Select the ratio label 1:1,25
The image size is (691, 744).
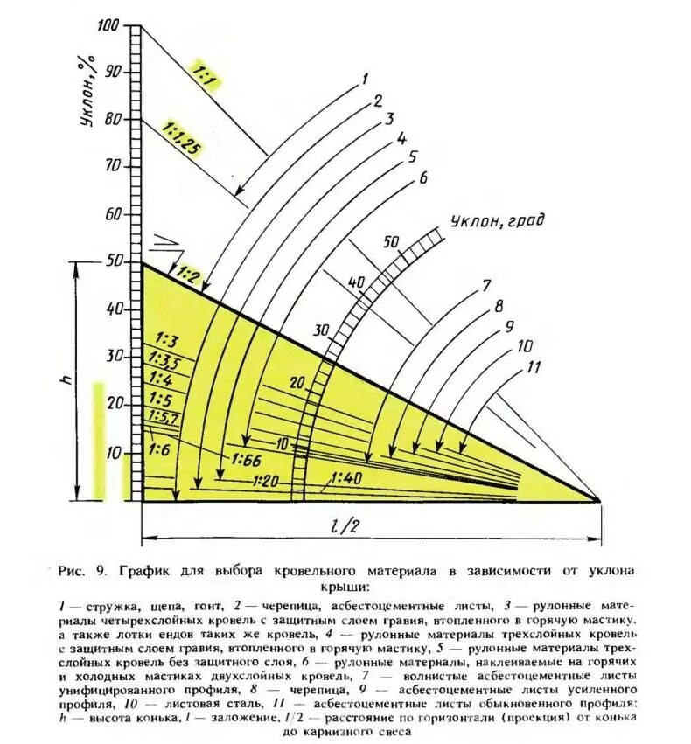[x=181, y=140]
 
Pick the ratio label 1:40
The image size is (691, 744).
[x=347, y=477]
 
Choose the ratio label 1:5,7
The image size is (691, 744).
[x=164, y=416]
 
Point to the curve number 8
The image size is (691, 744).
[x=499, y=307]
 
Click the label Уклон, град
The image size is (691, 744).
[x=497, y=221]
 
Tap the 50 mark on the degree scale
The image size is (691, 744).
[x=391, y=241]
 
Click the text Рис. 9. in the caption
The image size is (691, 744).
[x=81, y=570]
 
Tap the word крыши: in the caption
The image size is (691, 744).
[x=348, y=586]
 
